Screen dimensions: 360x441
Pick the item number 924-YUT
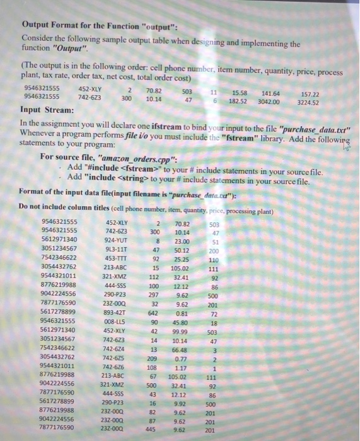click(x=119, y=240)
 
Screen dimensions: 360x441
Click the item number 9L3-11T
click(x=119, y=249)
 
